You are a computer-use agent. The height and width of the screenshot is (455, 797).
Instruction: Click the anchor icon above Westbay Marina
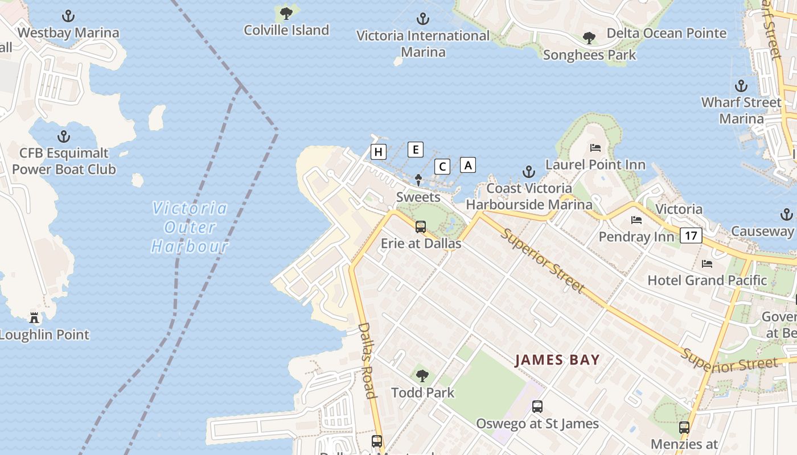pos(68,16)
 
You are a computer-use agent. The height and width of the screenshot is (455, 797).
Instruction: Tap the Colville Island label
pos(286,30)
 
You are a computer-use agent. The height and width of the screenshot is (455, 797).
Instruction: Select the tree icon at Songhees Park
pos(589,39)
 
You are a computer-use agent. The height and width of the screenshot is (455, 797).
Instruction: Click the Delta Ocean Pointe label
pos(667,34)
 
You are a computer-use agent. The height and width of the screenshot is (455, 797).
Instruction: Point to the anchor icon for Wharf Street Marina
pos(741,86)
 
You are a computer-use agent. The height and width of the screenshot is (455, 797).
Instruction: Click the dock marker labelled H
pos(378,152)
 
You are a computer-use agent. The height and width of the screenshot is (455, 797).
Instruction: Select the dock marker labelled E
pos(416,150)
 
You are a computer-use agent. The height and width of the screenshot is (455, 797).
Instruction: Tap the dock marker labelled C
pos(442,167)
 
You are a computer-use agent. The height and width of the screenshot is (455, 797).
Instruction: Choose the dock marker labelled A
pos(468,165)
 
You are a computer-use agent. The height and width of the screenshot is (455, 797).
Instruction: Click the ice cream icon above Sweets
pos(418,180)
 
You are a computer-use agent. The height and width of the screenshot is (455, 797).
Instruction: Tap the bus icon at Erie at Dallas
pos(421,227)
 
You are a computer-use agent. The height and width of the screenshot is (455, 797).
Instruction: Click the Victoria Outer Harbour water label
pos(190,227)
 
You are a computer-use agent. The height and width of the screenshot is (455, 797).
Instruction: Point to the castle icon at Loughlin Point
pos(35,317)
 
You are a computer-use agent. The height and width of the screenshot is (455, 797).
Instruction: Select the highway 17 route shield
pos(691,235)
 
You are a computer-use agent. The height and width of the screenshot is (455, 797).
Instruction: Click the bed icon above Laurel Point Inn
pos(595,148)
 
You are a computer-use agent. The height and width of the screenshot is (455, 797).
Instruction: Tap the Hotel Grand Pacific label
pos(707,280)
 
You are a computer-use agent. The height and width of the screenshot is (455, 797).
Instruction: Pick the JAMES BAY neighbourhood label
pos(557,359)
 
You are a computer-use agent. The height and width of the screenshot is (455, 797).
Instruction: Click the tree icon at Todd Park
pos(422,375)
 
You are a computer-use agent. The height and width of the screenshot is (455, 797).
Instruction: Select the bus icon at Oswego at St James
pos(537,407)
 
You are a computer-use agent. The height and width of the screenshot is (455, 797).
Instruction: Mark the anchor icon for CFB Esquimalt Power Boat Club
pos(64,136)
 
